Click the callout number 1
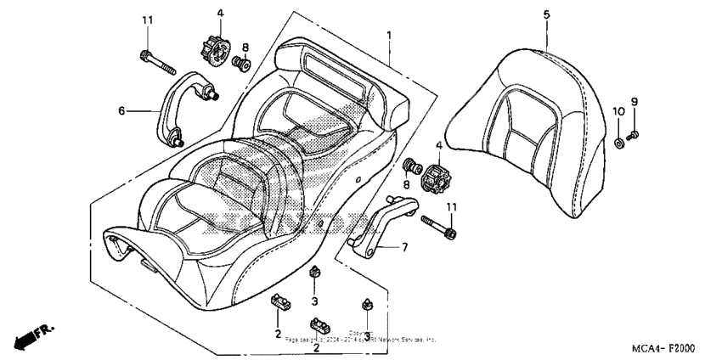pyautogui.click(x=389, y=36)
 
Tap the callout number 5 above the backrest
pyautogui.click(x=546, y=14)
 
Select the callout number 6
pyautogui.click(x=121, y=110)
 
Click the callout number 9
pyautogui.click(x=633, y=102)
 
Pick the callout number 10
pyautogui.click(x=620, y=112)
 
